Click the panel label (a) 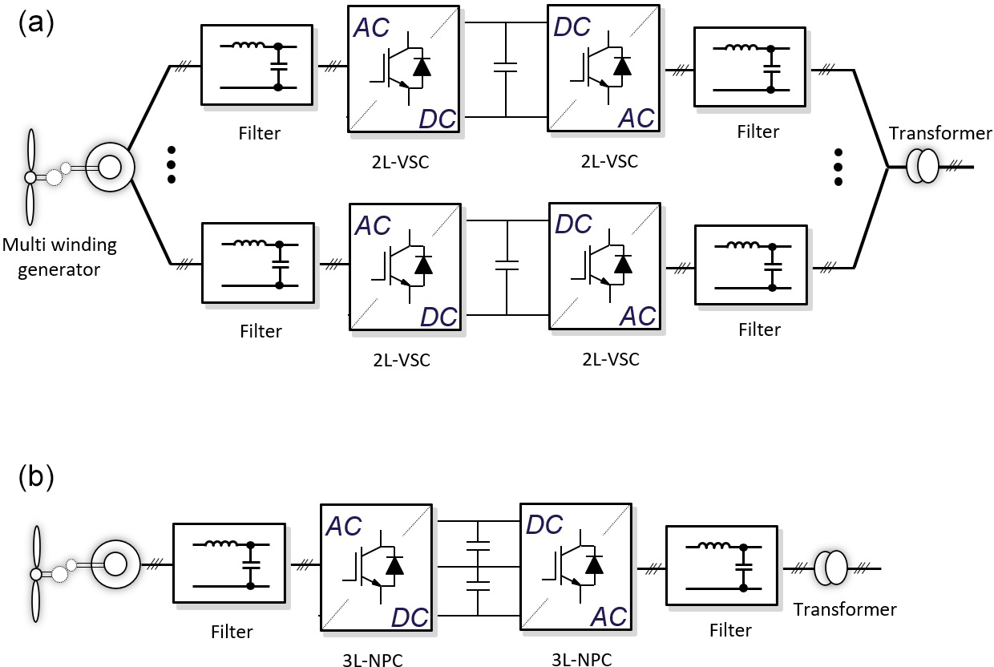pos(35,22)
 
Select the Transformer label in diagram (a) pos(940,133)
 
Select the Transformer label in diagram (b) pos(845,609)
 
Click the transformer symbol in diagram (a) pos(922,167)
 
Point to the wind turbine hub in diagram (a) pos(30,177)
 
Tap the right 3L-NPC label pos(582,659)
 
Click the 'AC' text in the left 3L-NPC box pos(344,527)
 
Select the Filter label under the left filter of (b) pos(232,632)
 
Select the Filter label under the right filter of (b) pos(730,630)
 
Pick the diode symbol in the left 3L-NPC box pos(393,565)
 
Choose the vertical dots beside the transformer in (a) pos(838,166)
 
